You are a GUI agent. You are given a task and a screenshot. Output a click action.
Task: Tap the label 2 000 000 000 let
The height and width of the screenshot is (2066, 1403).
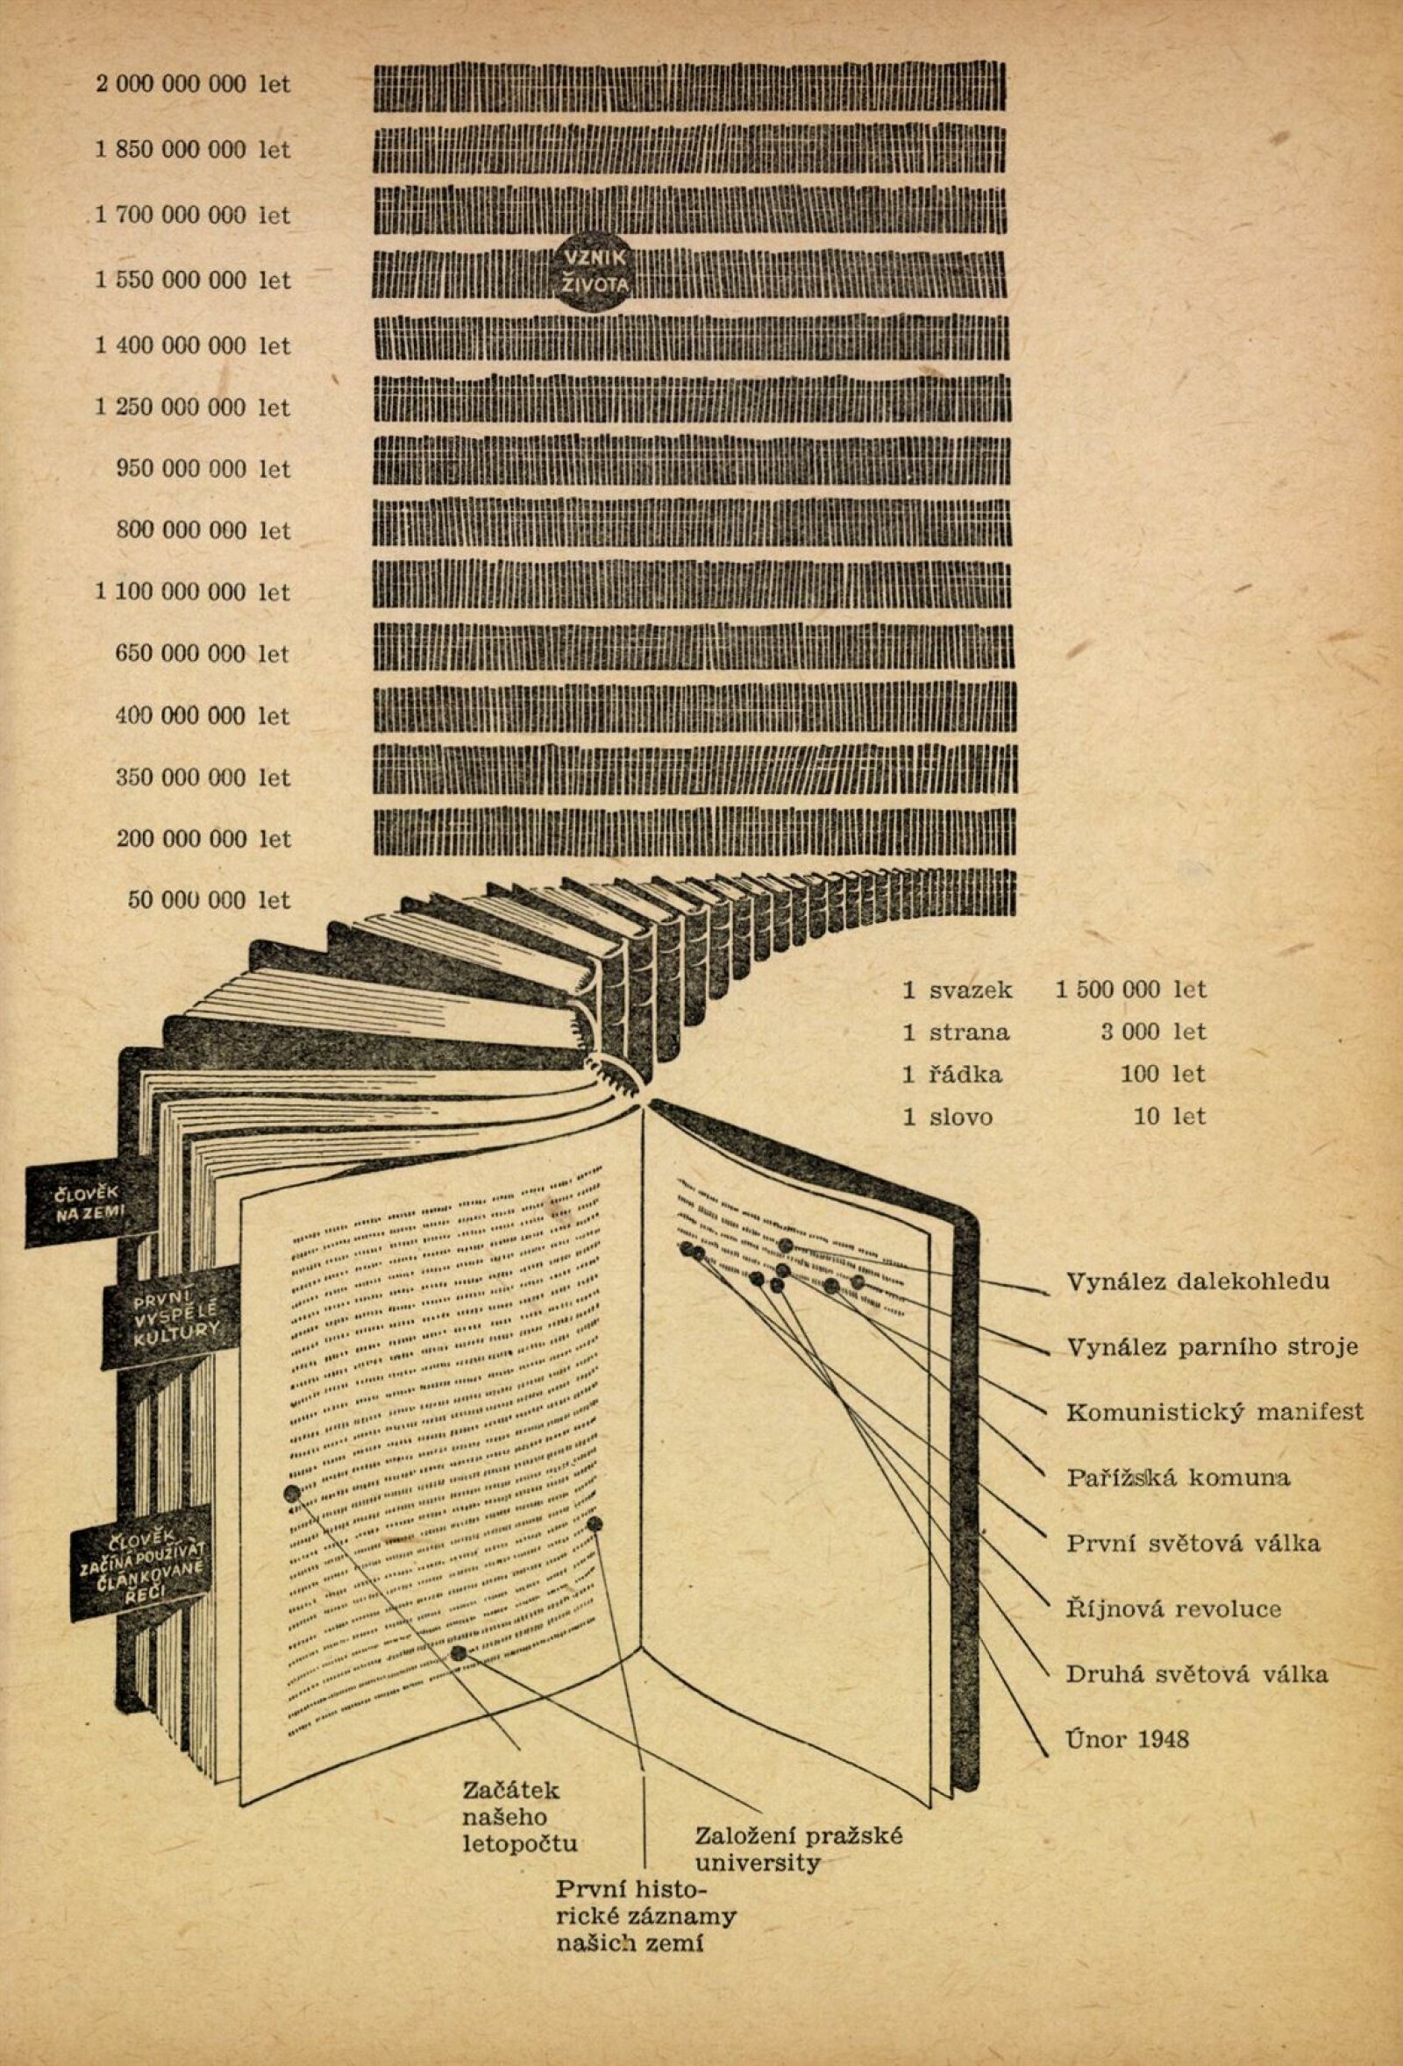(x=193, y=84)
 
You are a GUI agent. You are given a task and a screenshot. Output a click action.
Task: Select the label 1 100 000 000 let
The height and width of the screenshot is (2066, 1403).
(x=193, y=592)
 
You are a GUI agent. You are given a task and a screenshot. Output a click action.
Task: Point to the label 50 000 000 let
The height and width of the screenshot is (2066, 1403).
(x=209, y=899)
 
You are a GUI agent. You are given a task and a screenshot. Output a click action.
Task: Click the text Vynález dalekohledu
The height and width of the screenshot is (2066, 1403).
(x=1198, y=1281)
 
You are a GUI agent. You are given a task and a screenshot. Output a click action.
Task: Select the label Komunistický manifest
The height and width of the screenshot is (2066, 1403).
(x=1214, y=1412)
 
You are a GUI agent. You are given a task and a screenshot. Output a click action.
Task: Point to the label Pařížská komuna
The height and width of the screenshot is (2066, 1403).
(x=1178, y=1478)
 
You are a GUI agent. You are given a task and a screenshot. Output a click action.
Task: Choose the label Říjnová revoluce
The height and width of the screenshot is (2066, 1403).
(x=1173, y=1608)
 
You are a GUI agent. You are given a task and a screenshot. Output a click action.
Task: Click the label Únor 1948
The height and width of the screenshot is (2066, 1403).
(x=1128, y=1739)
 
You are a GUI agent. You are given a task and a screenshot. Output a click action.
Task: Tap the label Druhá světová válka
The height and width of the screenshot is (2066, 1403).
(x=1197, y=1674)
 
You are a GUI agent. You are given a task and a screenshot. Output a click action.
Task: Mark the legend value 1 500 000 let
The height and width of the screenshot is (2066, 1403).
(x=1130, y=990)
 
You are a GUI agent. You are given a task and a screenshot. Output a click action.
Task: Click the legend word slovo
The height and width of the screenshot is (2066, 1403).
(x=960, y=1117)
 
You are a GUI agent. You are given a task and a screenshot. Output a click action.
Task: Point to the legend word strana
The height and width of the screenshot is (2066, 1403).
(x=969, y=1032)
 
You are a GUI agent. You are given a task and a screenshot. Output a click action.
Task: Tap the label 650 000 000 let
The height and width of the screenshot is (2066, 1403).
(x=202, y=653)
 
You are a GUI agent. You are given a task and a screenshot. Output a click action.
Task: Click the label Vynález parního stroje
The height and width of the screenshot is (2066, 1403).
(x=1212, y=1347)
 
